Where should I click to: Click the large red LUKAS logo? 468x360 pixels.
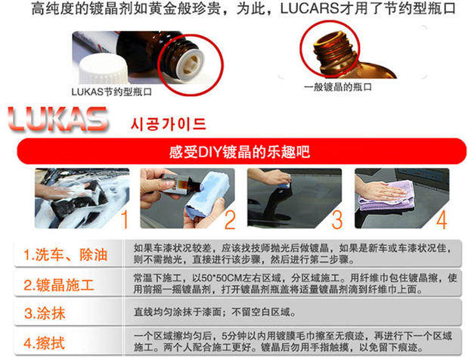57,119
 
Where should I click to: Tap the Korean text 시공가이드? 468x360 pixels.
169,124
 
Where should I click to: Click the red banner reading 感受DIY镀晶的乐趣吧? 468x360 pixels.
241,151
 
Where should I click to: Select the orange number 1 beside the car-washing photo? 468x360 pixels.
125,219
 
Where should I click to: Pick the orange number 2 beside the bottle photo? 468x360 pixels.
230,219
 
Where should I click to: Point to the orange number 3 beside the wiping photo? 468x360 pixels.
337,219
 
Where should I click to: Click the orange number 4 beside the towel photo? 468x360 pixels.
442,219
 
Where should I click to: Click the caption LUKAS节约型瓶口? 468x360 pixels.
112,92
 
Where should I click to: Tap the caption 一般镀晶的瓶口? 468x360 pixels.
338,87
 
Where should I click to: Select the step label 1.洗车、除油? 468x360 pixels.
65,255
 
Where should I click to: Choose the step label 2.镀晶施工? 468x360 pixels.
59,284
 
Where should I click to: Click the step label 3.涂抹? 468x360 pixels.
45,313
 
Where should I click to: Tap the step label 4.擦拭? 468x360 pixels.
44,343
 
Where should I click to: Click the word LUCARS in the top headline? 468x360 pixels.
309,8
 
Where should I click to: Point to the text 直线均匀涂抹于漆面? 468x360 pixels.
177,312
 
